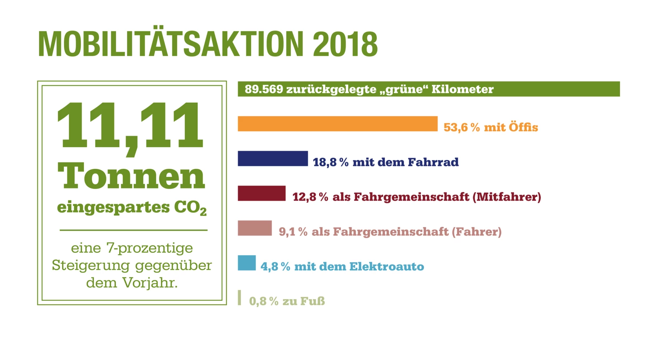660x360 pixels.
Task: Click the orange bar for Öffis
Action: pos(337,124)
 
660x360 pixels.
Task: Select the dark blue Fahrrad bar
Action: pos(273,158)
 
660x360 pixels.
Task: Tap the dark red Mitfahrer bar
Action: pos(262,193)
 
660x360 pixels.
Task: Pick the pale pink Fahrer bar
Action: pos(255,228)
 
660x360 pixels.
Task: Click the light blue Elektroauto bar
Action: pos(247,263)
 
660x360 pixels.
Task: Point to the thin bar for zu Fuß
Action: pos(239,298)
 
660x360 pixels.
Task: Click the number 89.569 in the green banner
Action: pos(264,89)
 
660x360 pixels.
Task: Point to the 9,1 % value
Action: pos(293,232)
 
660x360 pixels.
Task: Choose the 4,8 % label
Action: pos(275,266)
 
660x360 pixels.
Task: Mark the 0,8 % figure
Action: pos(264,301)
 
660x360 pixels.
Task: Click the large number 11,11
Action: pos(130,126)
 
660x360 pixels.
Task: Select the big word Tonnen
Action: pos(132,176)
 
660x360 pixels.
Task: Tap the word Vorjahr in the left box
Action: pos(150,283)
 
